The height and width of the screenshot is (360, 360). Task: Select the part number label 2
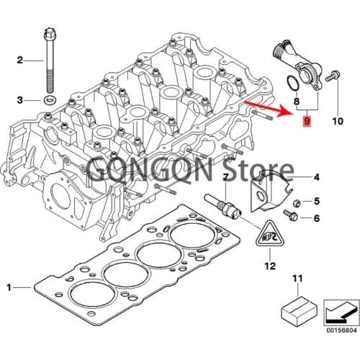coord(20,60)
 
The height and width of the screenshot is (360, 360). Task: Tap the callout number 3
coord(20,99)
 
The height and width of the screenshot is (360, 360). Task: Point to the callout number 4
coord(315,176)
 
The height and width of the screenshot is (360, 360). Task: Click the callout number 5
coord(315,201)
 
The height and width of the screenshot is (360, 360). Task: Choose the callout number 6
coord(315,216)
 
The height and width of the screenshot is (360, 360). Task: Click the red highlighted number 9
coord(307,123)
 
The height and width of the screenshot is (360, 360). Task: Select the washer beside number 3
coord(50,98)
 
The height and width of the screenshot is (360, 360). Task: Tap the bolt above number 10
coord(333,75)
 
